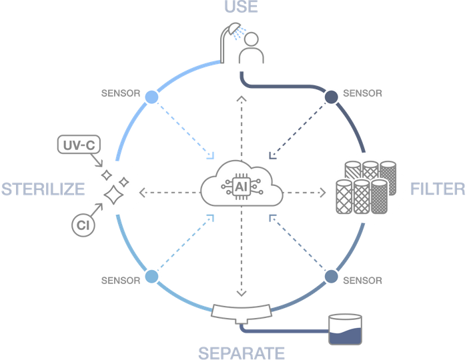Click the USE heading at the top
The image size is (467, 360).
point(241,8)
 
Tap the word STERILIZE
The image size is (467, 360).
point(42,189)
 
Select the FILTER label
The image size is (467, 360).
point(438,189)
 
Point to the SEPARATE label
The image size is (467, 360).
point(242,351)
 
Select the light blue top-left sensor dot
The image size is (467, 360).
point(152,97)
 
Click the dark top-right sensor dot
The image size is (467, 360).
point(331,97)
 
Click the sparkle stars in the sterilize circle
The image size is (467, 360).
point(112,187)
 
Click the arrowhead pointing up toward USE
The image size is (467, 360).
point(242,98)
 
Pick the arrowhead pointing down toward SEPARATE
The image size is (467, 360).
point(242,293)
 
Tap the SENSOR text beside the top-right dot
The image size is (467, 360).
point(362,93)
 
